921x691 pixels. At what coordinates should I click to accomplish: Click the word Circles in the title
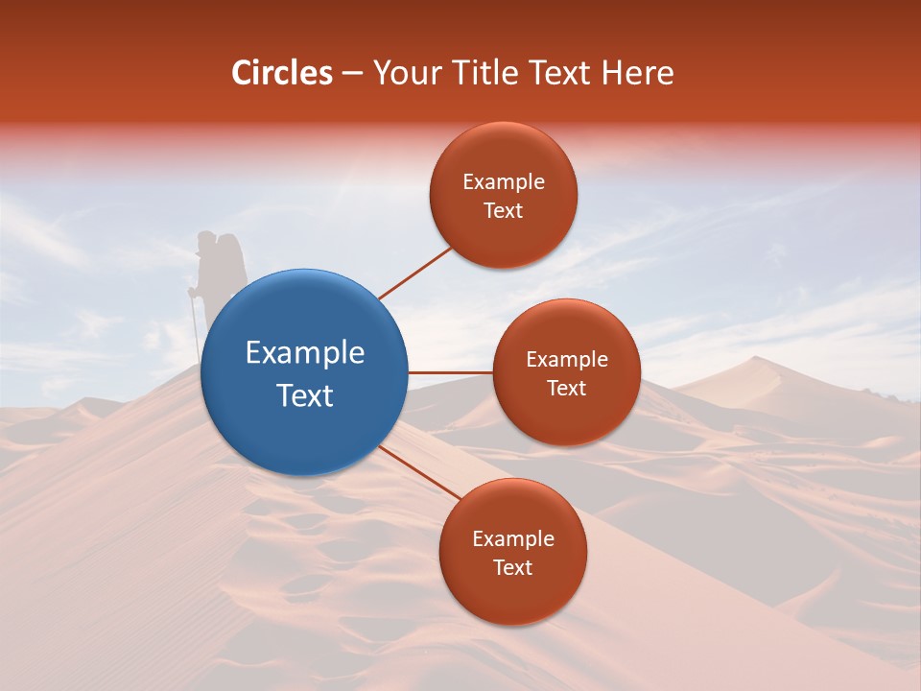tap(281, 73)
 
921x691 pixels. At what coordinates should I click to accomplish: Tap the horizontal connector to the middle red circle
tap(451, 372)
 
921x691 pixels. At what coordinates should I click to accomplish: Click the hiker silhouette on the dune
tap(217, 274)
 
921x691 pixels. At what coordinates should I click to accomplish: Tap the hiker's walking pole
tap(195, 326)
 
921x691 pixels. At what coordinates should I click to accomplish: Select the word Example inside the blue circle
tap(305, 352)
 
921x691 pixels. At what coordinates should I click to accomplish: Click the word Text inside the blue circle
tap(305, 394)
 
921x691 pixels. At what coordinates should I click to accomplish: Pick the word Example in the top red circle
tap(504, 181)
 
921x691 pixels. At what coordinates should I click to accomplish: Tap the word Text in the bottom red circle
tap(512, 567)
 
